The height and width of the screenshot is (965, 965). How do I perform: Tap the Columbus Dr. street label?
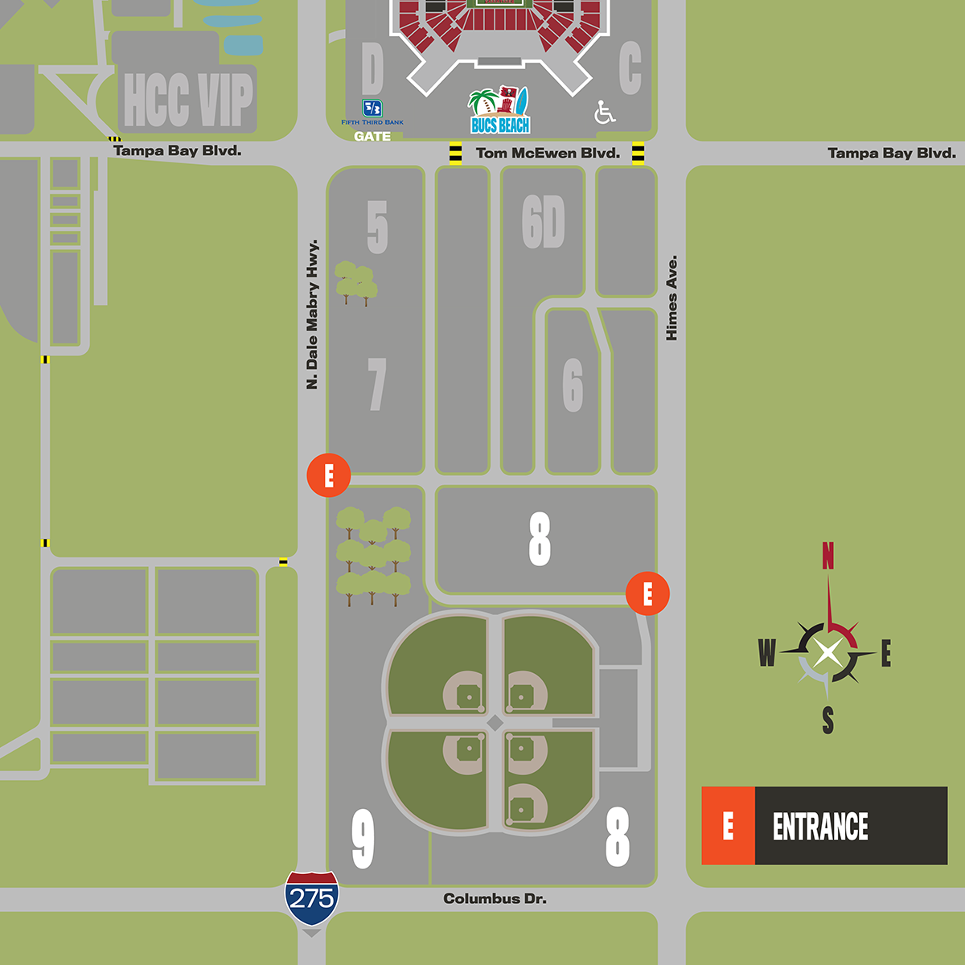coord(495,898)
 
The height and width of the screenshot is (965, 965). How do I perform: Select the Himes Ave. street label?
coord(672,298)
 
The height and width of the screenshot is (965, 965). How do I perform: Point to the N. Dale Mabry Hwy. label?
coord(312,314)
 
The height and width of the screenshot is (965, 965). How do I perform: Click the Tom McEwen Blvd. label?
coord(548,153)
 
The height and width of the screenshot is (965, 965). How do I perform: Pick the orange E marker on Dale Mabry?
coord(328,475)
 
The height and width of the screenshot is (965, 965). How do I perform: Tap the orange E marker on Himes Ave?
coord(647,593)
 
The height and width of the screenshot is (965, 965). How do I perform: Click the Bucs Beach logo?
coord(499,111)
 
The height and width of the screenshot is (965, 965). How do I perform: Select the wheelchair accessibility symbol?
coord(605,113)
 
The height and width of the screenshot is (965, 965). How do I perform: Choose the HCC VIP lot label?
coord(188,100)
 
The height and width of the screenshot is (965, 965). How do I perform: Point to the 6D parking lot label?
coord(544,223)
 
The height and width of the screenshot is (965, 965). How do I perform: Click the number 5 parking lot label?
coord(377,228)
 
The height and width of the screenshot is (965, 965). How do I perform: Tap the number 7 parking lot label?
coord(377,384)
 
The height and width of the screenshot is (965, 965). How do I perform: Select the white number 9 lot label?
coord(363,839)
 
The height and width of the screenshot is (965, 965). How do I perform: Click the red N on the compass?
coord(827,556)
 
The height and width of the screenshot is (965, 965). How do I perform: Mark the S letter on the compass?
coord(827,721)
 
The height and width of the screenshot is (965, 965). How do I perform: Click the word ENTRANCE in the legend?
coord(820,827)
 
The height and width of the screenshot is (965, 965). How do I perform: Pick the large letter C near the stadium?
coord(630,68)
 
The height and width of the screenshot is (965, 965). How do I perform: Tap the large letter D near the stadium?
coord(372,68)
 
